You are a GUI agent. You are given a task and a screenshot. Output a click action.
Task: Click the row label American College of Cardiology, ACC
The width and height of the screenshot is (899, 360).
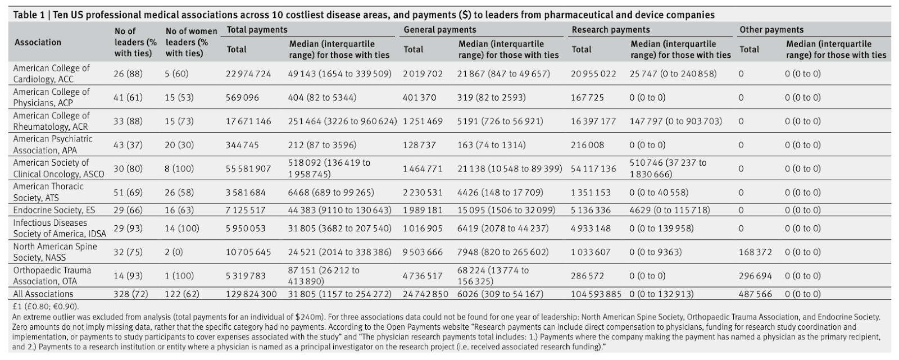click(x=51, y=74)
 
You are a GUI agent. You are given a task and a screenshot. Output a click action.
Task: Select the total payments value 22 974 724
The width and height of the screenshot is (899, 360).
click(x=248, y=74)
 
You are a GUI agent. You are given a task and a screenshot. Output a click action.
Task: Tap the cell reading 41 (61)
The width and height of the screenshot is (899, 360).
click(x=128, y=98)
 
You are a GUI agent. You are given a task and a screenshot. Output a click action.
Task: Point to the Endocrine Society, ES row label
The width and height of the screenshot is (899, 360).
click(x=55, y=210)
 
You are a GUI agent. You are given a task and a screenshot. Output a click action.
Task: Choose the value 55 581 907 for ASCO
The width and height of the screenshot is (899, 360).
click(x=248, y=168)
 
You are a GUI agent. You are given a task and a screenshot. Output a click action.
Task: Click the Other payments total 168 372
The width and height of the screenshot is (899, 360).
click(x=755, y=252)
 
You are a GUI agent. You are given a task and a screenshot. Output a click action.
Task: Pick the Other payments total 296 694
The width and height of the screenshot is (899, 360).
click(x=755, y=276)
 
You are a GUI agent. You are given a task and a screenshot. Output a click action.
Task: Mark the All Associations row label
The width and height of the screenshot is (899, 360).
click(x=43, y=294)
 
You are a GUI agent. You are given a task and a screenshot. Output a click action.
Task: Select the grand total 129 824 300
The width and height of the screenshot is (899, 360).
click(x=251, y=294)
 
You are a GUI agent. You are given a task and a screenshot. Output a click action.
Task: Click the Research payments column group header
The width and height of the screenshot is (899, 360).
click(x=611, y=30)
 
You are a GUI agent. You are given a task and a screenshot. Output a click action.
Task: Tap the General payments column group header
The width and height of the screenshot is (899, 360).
click(x=440, y=30)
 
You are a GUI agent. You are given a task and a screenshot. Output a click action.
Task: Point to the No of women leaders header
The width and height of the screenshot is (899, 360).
click(x=191, y=42)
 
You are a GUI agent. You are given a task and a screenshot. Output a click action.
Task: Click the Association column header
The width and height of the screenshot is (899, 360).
click(x=38, y=42)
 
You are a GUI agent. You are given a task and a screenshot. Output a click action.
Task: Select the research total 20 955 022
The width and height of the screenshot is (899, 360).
click(x=594, y=74)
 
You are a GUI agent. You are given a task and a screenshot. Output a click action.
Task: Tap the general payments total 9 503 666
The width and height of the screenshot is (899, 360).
click(x=423, y=252)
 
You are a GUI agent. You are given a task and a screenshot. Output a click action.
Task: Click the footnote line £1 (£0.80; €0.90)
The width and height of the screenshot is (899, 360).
click(x=46, y=307)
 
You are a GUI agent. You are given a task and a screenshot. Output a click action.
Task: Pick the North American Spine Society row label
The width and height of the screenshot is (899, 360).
click(x=55, y=252)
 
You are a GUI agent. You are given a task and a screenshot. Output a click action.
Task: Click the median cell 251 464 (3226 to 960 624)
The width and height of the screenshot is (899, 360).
click(x=343, y=121)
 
